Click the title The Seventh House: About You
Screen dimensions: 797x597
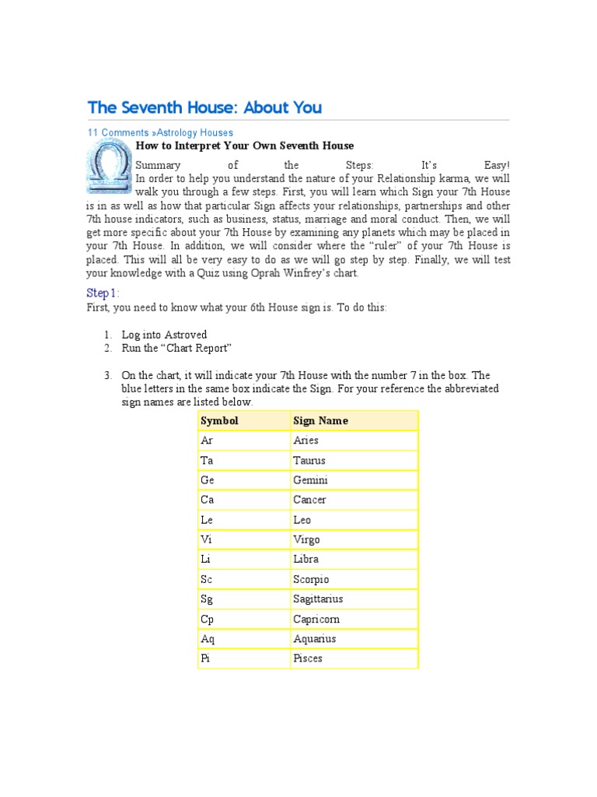[x=204, y=107]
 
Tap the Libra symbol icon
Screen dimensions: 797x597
[x=107, y=167]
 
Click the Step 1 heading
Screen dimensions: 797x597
[x=103, y=293]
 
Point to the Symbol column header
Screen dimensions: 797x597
[x=219, y=421]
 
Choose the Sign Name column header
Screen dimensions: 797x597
[x=320, y=421]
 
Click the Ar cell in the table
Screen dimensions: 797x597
[x=207, y=441]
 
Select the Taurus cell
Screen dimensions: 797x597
[x=309, y=461]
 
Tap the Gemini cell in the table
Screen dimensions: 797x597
[x=310, y=480]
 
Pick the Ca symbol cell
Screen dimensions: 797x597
[x=208, y=500]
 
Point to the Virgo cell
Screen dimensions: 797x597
[x=306, y=539]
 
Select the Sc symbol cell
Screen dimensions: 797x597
[x=207, y=579]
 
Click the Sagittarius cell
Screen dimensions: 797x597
[x=318, y=599]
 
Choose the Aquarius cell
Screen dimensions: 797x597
[x=315, y=639]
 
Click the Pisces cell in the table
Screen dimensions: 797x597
[x=308, y=658]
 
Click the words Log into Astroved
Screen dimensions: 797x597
[x=164, y=335]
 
